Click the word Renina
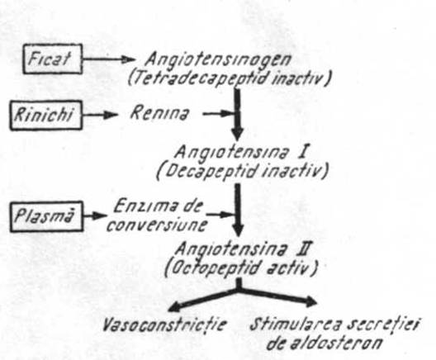pyautogui.click(x=160, y=113)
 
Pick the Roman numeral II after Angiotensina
pyautogui.click(x=304, y=249)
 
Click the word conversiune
pyautogui.click(x=158, y=225)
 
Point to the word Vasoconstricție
pyautogui.click(x=164, y=324)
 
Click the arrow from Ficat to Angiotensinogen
pyautogui.click(x=109, y=59)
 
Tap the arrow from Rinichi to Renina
pyautogui.click(x=101, y=115)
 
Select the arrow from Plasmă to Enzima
pyautogui.click(x=95, y=216)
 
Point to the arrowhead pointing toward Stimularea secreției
pyautogui.click(x=310, y=301)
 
